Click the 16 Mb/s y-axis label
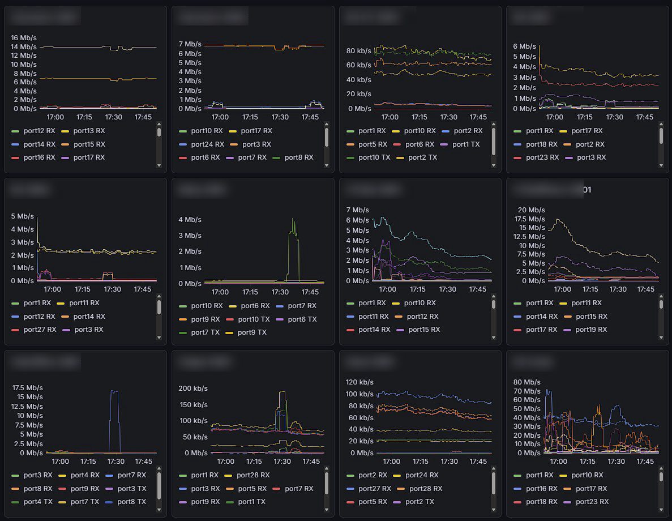tap(24, 37)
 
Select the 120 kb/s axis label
tap(359, 382)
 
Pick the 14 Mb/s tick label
tap(24, 46)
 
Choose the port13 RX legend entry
tap(89, 131)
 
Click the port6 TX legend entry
tap(302, 319)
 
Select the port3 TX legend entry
tap(132, 489)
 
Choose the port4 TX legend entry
tap(38, 502)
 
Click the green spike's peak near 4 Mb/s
tap(293, 220)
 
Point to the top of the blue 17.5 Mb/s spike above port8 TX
tap(114, 391)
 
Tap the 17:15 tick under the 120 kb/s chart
tap(420, 462)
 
